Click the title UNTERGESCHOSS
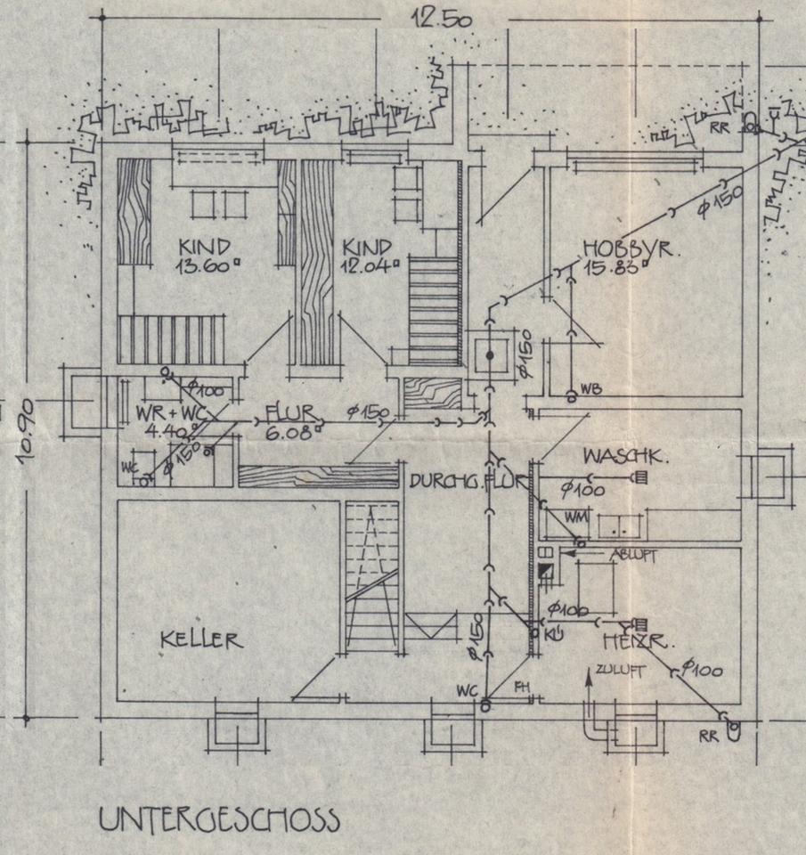[218, 819]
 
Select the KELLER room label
[201, 639]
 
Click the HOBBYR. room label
[631, 248]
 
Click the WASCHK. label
[626, 456]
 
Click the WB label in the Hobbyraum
[590, 389]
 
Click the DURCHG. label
[440, 481]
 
